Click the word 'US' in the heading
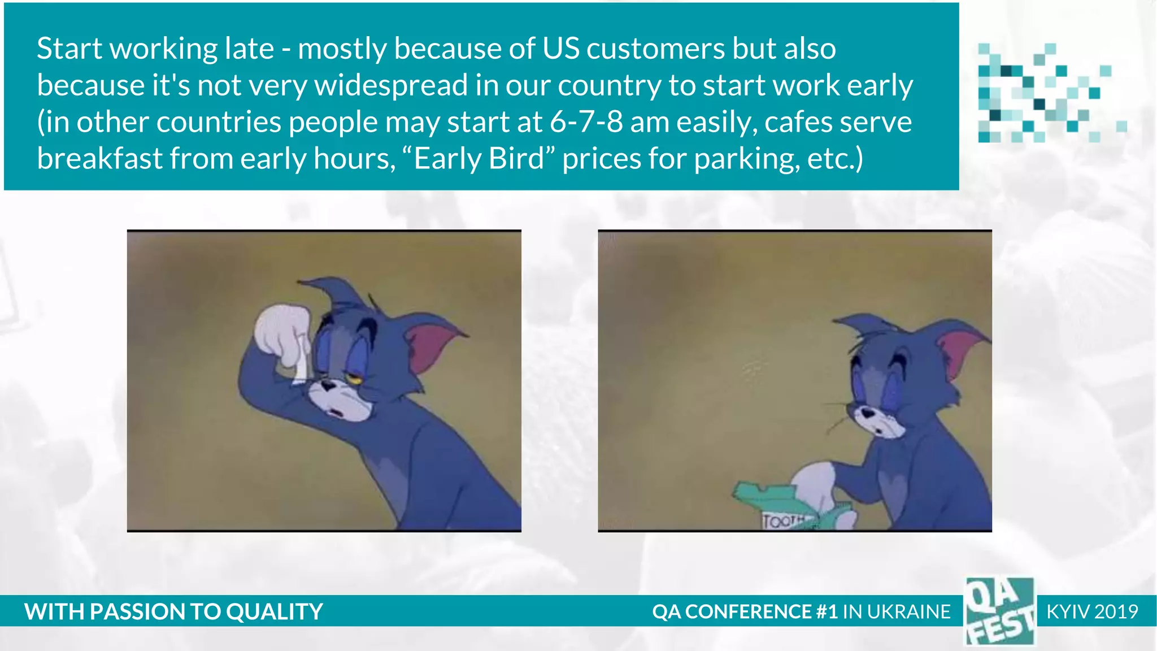click(560, 49)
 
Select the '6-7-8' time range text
click(586, 122)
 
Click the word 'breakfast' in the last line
click(99, 159)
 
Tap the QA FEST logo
click(999, 611)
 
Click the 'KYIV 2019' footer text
click(1091, 611)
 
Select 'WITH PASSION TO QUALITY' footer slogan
click(173, 611)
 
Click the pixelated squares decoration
click(1045, 93)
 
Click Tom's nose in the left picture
click(328, 386)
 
